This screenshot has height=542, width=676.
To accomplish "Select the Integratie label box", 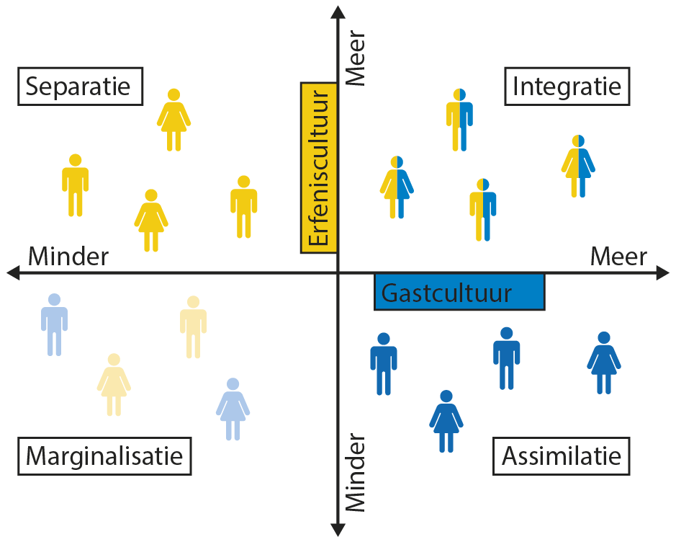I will [x=567, y=86].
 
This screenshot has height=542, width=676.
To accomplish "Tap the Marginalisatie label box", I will [x=105, y=456].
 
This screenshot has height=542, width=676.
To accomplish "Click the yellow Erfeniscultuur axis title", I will [x=318, y=168].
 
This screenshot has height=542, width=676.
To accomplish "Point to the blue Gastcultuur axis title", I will [x=459, y=293].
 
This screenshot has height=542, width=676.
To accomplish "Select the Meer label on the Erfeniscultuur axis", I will [x=356, y=58].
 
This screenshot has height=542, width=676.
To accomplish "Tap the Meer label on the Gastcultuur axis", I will [x=618, y=256].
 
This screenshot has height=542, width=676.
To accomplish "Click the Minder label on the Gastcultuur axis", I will [x=68, y=256].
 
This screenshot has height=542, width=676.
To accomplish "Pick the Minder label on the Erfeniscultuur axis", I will [x=356, y=472].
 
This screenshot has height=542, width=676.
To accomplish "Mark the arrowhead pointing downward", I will [x=337, y=530].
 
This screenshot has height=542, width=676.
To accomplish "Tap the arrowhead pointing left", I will [x=12, y=272].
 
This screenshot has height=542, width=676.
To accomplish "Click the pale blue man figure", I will [x=54, y=324].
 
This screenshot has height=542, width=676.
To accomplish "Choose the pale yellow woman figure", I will [x=114, y=385].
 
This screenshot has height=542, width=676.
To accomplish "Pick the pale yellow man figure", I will [x=193, y=326].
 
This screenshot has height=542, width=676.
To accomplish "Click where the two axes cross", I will [x=337, y=272].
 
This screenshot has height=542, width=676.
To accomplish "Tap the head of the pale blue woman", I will [x=233, y=384].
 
